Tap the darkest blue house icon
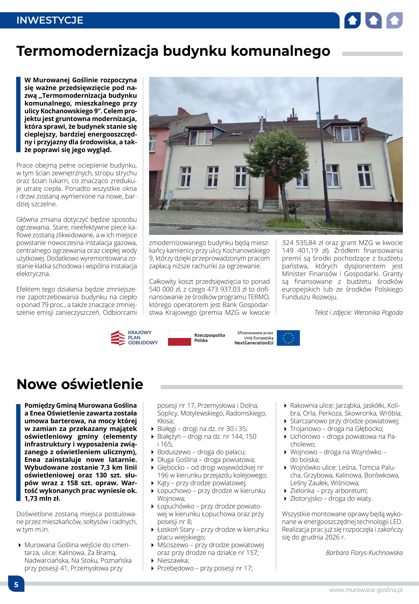click(x=352, y=20)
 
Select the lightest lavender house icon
click(x=394, y=20)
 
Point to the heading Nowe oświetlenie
click(x=80, y=384)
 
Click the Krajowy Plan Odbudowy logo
click(x=134, y=338)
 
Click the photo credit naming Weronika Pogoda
click(x=358, y=313)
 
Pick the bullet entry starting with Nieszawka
click(x=173, y=560)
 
